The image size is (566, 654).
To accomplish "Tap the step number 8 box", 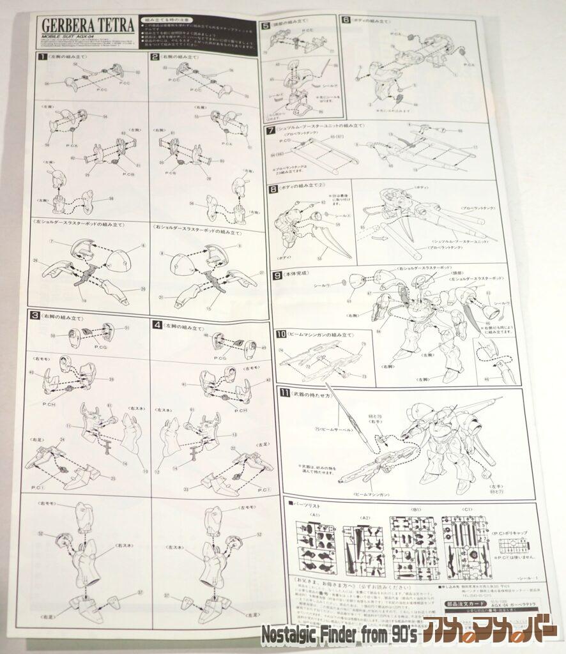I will click(x=273, y=189).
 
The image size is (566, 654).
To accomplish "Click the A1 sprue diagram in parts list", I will click(x=316, y=544).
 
